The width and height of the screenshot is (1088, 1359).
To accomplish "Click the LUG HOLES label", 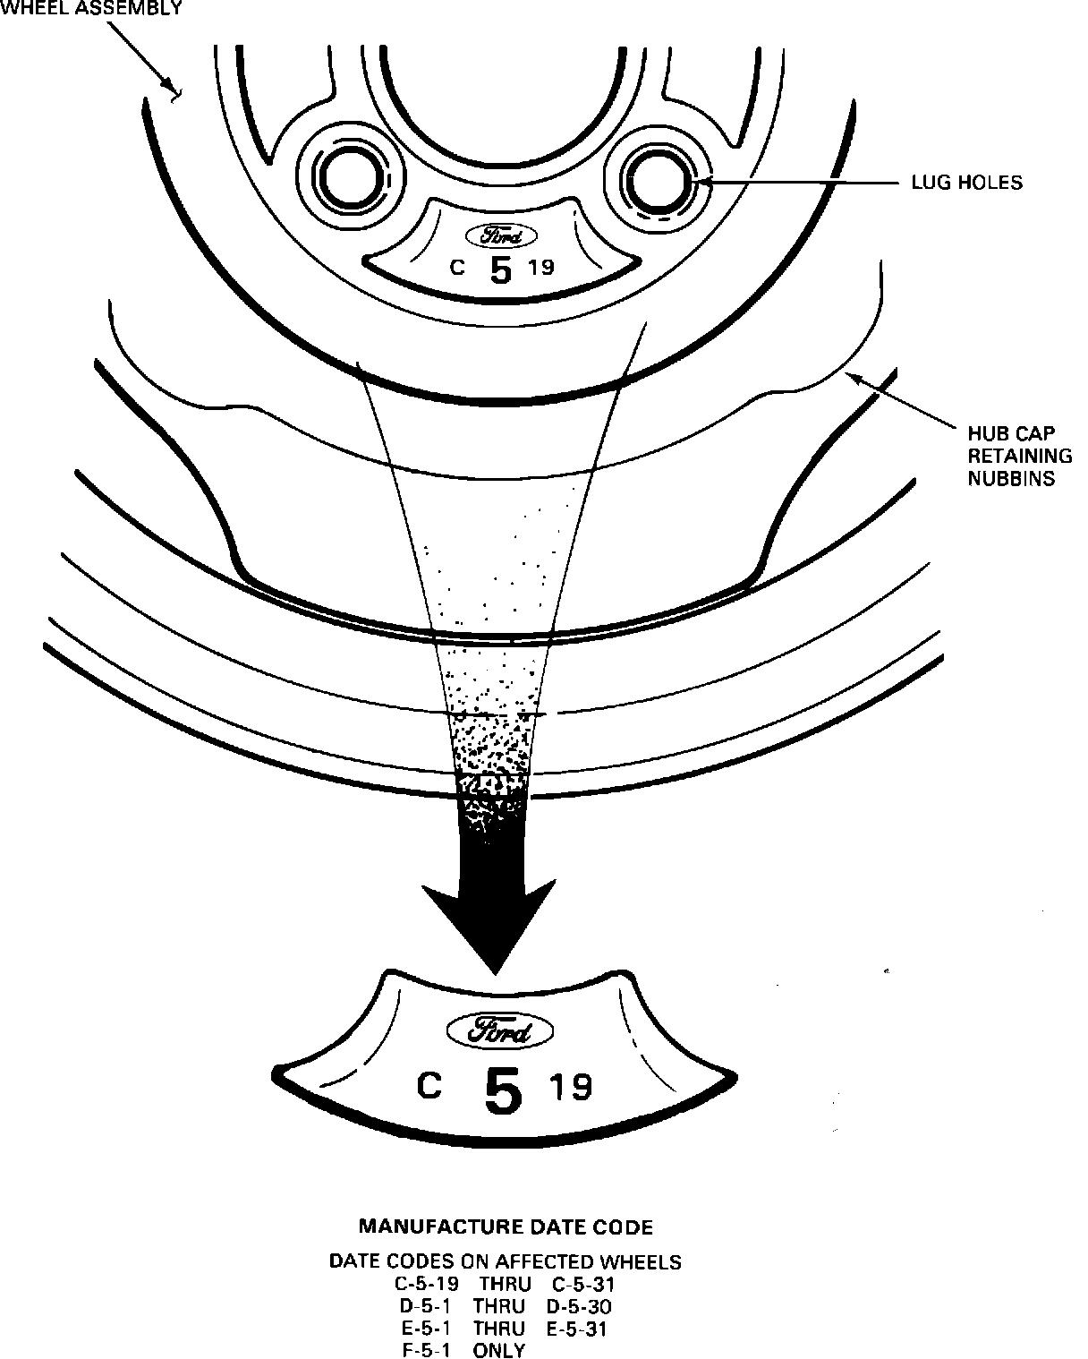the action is [x=966, y=183].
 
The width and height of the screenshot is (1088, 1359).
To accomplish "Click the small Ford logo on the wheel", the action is [x=501, y=236].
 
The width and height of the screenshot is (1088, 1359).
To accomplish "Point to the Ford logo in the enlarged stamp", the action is [x=500, y=1031].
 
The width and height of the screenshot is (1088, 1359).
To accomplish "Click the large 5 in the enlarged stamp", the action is [x=503, y=1090].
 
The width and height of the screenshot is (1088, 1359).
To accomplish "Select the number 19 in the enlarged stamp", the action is [x=571, y=1087].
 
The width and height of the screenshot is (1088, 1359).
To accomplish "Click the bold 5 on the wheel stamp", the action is [x=502, y=269].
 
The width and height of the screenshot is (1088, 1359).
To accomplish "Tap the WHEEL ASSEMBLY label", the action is [x=91, y=9].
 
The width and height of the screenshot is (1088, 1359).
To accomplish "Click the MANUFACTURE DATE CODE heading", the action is [x=506, y=1227].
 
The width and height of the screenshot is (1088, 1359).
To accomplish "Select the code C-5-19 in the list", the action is [x=427, y=1284].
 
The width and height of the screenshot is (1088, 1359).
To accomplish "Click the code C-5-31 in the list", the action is [x=583, y=1284].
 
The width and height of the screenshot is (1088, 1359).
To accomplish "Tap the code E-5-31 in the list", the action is [x=576, y=1329].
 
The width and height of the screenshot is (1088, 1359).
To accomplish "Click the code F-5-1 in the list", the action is [x=426, y=1350].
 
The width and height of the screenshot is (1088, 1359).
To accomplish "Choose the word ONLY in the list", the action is [x=499, y=1350].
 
